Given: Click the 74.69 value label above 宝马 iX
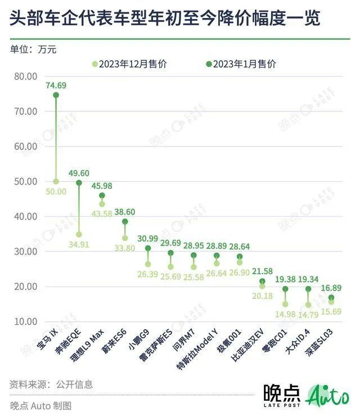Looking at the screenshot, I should [x=56, y=86].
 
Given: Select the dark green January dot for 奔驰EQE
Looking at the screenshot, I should [x=79, y=183].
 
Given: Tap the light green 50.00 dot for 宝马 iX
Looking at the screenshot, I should [x=56, y=181].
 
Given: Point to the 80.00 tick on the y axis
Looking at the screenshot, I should [x=24, y=76].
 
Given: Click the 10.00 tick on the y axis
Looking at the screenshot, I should [x=24, y=321].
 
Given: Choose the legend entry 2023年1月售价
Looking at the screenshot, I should [x=241, y=64].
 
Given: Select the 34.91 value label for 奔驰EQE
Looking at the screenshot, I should [x=79, y=244].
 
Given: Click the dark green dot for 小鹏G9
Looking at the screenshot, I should [x=148, y=248].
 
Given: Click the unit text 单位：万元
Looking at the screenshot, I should [x=33, y=49].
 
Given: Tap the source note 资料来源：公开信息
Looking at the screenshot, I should [x=51, y=384].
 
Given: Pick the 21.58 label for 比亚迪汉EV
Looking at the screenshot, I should [x=262, y=272].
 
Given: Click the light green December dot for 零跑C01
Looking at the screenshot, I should [x=285, y=304].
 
